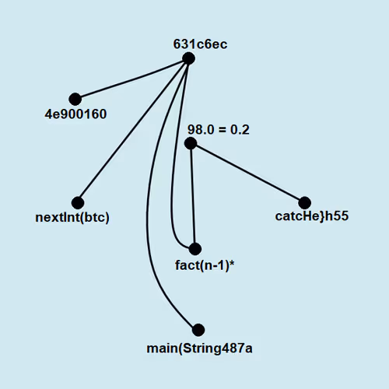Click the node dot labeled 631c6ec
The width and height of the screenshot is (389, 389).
(188, 58)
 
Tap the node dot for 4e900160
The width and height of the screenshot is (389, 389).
(75, 99)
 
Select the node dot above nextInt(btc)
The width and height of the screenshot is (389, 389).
(78, 202)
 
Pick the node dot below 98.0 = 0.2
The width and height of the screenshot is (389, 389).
(191, 143)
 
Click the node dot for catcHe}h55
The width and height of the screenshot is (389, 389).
(305, 202)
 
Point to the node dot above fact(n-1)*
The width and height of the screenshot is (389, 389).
(195, 249)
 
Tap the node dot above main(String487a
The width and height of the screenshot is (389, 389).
(198, 330)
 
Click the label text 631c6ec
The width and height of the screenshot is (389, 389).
(200, 44)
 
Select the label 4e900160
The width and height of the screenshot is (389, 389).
(75, 114)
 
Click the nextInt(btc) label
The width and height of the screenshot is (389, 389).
(72, 218)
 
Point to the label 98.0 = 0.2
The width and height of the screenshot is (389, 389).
(219, 129)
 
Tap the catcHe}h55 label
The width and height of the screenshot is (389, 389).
(312, 216)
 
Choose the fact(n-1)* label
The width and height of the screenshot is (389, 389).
(205, 265)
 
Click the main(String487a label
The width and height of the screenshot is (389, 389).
(199, 349)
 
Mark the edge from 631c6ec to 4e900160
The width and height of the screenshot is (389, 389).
(131, 79)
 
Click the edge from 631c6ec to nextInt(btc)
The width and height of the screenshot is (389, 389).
(133, 131)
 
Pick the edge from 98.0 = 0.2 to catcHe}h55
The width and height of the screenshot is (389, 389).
(247, 173)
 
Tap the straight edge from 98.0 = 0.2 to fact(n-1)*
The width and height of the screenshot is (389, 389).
(193, 196)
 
